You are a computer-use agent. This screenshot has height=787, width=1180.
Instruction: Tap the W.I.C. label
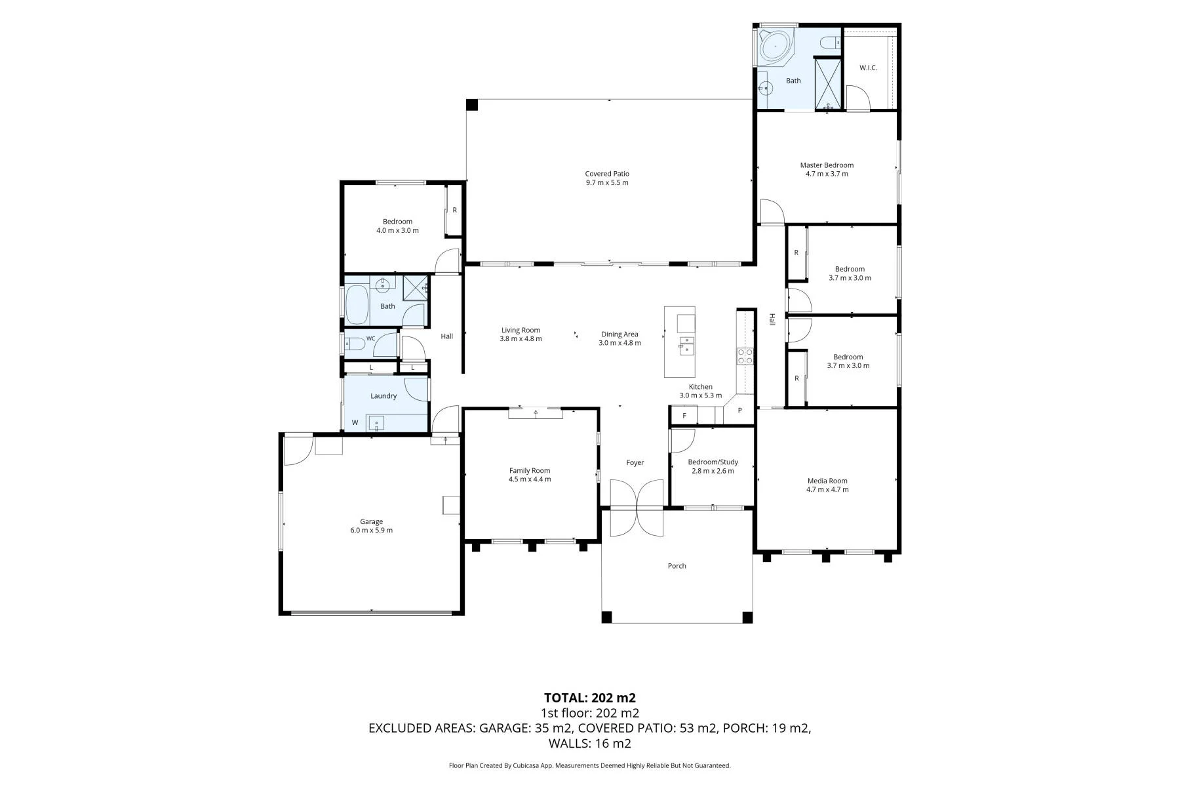coord(868,68)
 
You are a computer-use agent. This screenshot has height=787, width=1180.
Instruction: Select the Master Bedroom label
coord(827,165)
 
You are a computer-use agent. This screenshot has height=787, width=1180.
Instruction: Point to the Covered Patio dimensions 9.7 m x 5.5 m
coord(607,182)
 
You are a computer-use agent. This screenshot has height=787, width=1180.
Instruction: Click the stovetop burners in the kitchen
coord(745,356)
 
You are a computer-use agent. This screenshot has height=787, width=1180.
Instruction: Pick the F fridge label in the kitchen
coord(684,416)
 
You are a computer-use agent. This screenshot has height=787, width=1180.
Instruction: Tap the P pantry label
coord(740,411)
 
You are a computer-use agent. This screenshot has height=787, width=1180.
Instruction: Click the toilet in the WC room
coord(355,343)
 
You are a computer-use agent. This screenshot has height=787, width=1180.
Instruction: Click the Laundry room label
coord(383,396)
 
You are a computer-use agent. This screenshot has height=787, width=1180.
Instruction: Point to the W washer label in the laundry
coord(355,422)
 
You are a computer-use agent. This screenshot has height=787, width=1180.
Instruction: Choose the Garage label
coord(371,522)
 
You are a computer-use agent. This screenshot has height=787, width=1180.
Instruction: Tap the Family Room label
coord(530,470)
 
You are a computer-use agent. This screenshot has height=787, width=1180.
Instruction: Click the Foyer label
coord(635,463)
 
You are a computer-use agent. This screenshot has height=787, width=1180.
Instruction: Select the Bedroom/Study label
coord(713,462)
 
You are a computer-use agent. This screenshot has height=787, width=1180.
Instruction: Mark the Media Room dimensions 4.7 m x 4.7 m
coord(827,489)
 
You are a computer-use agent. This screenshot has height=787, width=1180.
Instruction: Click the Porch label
coord(677,565)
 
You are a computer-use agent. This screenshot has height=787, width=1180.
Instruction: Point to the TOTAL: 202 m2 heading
coord(590,698)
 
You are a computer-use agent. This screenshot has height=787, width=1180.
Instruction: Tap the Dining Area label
coord(620,334)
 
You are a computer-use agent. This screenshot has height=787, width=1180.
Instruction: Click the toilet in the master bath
coord(831,43)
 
